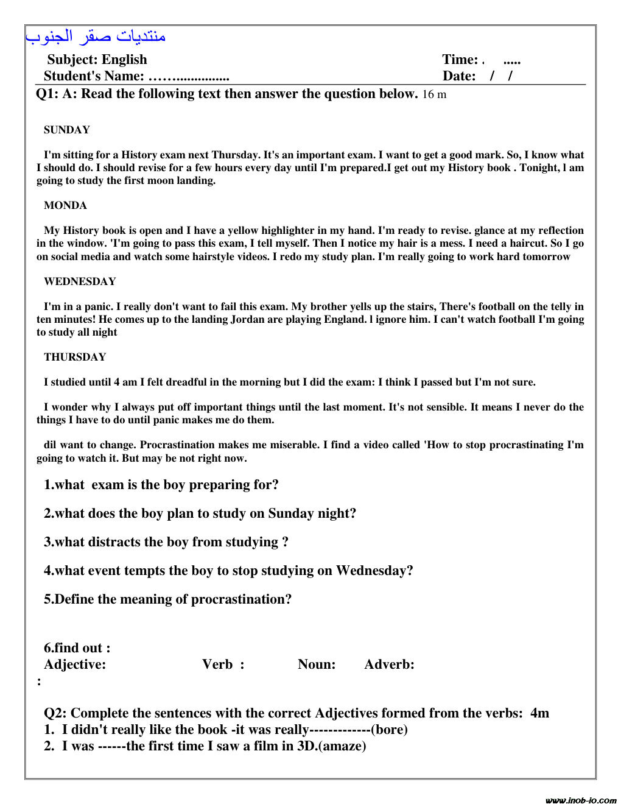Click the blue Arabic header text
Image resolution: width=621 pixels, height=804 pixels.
point(96,37)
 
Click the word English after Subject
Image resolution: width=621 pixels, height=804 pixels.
point(124,60)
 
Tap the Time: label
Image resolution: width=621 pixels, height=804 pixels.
point(460,60)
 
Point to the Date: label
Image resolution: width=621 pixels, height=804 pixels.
point(459,76)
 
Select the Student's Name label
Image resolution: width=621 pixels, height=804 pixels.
point(94,76)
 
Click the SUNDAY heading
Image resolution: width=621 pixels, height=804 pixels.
point(67,130)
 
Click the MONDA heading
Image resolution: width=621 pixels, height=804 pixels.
point(65,205)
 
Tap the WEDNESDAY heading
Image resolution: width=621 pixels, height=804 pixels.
point(80,281)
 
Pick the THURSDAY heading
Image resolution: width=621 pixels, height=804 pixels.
point(75,357)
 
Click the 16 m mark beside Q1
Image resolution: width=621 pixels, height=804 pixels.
point(434,94)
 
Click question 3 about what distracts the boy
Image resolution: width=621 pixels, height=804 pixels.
point(166,542)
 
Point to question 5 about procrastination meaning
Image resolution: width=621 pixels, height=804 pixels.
point(167,599)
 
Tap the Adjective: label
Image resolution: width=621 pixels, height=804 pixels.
point(75,665)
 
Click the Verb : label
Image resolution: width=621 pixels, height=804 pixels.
point(223,665)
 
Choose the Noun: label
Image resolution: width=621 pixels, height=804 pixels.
point(317,665)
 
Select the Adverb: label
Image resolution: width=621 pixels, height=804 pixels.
point(389,665)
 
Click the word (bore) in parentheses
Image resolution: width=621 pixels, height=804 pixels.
point(389,730)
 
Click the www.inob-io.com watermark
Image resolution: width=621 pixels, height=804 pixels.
point(580,799)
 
